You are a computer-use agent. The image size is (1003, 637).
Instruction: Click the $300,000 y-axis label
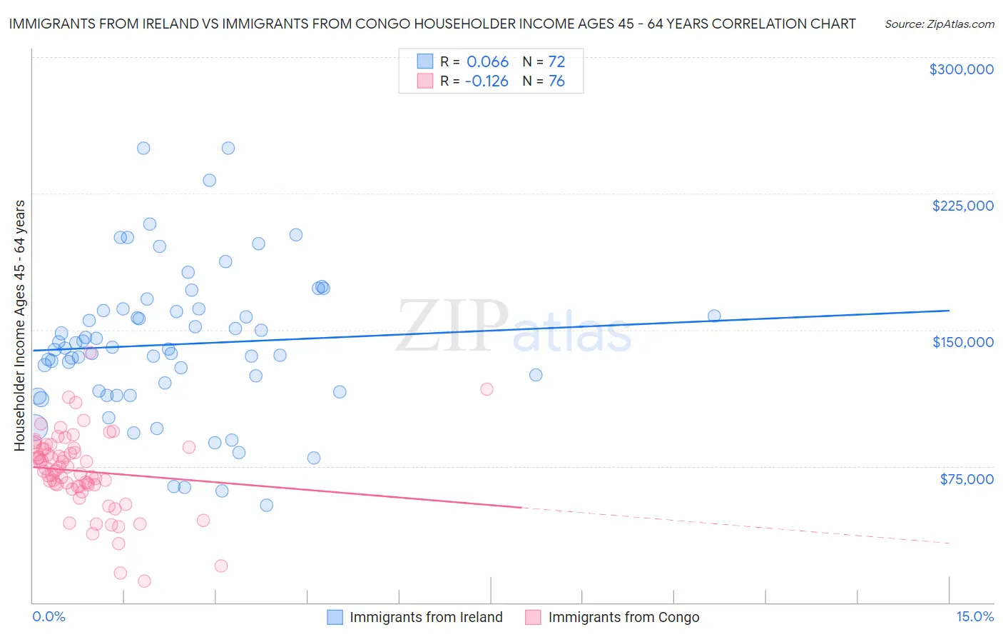[961, 69]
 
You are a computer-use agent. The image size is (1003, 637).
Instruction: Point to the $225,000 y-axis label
[962, 206]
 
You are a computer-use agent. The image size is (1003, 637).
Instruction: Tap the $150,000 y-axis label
[962, 342]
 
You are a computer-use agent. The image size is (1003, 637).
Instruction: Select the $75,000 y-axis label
[966, 479]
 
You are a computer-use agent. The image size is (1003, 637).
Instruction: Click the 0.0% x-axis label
[49, 617]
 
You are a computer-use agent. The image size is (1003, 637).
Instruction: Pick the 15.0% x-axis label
[974, 617]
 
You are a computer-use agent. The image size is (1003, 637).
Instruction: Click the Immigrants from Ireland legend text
[426, 618]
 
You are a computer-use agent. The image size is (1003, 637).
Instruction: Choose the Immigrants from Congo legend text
[623, 618]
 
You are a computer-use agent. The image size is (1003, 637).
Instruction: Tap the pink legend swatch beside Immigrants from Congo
[533, 618]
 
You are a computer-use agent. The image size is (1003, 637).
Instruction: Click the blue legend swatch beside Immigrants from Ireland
[335, 618]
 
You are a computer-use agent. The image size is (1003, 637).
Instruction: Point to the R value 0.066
[487, 62]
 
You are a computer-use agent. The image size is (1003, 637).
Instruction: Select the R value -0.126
[487, 81]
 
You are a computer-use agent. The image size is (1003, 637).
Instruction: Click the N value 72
[556, 62]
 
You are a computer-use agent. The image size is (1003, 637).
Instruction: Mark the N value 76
[556, 81]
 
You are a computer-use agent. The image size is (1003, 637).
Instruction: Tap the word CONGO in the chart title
[436, 24]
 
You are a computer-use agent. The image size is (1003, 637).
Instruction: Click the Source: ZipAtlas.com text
[939, 24]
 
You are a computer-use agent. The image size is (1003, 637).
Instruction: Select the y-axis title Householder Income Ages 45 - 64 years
[20, 326]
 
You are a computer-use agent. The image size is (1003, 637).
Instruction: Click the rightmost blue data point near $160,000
[713, 316]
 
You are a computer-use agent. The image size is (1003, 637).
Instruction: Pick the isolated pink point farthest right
[487, 389]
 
